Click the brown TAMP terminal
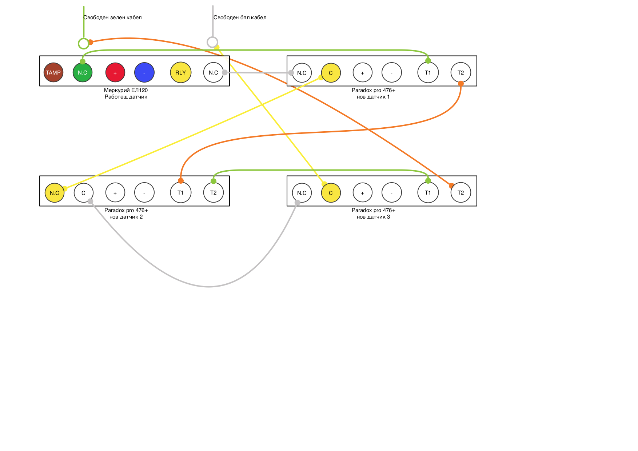click(x=53, y=72)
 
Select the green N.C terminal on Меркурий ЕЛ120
click(x=83, y=72)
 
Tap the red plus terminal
click(x=115, y=72)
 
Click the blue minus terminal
click(x=144, y=72)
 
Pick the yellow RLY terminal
click(x=181, y=72)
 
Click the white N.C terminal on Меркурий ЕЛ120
click(x=213, y=72)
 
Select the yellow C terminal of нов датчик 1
click(x=331, y=73)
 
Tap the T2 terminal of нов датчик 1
click(x=461, y=72)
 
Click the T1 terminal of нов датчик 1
click(x=428, y=72)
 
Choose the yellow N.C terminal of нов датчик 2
click(x=55, y=193)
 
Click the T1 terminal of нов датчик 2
click(x=181, y=192)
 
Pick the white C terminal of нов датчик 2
click(x=84, y=193)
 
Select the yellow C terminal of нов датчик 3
click(x=331, y=193)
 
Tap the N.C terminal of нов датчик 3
click(x=302, y=193)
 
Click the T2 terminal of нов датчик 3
click(x=461, y=192)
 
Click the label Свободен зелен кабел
click(x=112, y=17)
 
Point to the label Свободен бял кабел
click(x=240, y=17)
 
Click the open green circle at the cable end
click(x=84, y=44)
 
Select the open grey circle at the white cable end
click(x=212, y=42)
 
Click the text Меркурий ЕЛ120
click(x=126, y=90)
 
